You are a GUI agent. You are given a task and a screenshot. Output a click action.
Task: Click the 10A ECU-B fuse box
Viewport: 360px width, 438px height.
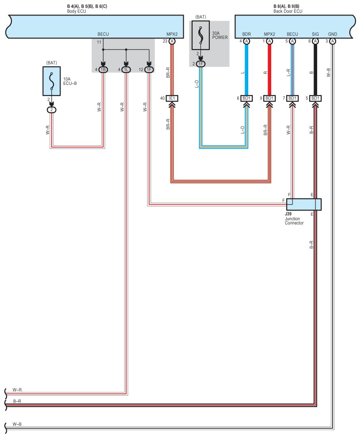tap(52, 81)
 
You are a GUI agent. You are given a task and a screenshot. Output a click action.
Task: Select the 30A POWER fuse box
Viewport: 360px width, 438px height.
tap(201, 35)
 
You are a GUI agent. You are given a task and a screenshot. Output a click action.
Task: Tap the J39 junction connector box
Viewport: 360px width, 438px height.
tap(304, 204)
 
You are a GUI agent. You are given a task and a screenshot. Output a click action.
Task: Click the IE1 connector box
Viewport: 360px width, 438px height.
tap(172, 98)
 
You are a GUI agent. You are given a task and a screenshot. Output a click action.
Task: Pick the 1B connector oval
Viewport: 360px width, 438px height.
tap(103, 69)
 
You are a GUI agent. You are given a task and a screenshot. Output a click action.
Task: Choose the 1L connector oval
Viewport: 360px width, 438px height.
tap(126, 69)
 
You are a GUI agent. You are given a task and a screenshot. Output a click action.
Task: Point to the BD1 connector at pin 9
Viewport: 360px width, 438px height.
tap(269, 98)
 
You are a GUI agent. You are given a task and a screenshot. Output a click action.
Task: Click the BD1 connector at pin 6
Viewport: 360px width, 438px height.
tap(246, 98)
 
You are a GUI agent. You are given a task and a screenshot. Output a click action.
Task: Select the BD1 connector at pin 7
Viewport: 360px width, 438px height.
tap(292, 98)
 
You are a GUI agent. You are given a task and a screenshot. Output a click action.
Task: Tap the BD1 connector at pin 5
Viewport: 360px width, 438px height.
tap(315, 98)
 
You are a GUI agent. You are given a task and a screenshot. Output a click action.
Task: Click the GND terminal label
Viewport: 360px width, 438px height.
tap(332, 34)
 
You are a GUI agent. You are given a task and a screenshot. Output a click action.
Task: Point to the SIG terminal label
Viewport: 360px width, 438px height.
tap(315, 34)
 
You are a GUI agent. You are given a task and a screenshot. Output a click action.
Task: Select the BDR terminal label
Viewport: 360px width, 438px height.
tap(246, 34)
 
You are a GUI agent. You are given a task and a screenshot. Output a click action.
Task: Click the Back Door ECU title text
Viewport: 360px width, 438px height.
tap(288, 11)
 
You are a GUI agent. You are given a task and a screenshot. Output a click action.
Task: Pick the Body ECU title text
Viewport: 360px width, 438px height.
tap(76, 11)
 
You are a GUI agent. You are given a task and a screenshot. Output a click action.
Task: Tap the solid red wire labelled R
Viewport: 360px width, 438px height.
tap(269, 69)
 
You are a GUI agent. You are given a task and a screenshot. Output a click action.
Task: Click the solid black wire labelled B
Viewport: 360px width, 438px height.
tap(315, 69)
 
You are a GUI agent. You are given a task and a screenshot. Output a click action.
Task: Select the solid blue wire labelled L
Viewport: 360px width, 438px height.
tap(246, 69)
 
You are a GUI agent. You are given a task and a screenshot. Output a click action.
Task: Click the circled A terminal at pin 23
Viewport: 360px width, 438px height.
tap(172, 42)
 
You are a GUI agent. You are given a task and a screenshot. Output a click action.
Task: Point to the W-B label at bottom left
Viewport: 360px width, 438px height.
tap(17, 424)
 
